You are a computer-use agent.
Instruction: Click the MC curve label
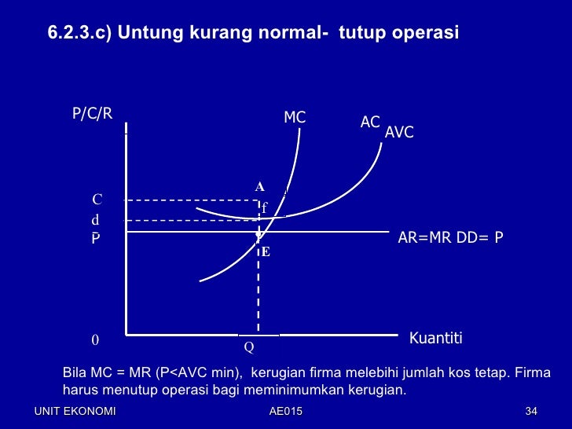tap(295, 118)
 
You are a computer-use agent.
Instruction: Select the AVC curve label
tap(399, 133)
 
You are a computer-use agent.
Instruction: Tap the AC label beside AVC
tap(370, 122)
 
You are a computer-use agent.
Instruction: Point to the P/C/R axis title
tap(93, 113)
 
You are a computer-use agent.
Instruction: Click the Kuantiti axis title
tap(436, 339)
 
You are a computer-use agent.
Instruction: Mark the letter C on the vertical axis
tap(97, 200)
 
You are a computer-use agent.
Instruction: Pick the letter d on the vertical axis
tap(96, 221)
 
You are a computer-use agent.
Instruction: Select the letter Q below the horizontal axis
tap(248, 346)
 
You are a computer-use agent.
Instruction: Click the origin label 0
tap(95, 341)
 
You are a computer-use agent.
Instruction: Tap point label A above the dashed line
tap(259, 187)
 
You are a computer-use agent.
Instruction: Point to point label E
tap(266, 252)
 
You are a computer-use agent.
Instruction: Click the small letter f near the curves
tap(264, 208)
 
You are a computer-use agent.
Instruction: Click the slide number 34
tap(530, 412)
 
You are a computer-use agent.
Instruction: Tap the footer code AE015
tap(285, 412)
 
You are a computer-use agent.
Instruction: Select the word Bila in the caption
tap(75, 372)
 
